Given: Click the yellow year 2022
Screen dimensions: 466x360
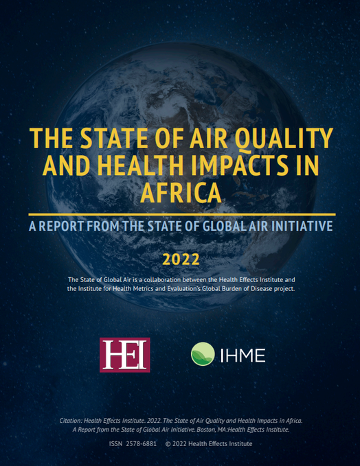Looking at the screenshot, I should (180, 259).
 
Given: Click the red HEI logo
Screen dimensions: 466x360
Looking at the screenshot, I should (125, 355).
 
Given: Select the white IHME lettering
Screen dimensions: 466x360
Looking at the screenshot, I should (243, 356).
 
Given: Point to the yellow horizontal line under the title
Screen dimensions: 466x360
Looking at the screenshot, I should (180, 213).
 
